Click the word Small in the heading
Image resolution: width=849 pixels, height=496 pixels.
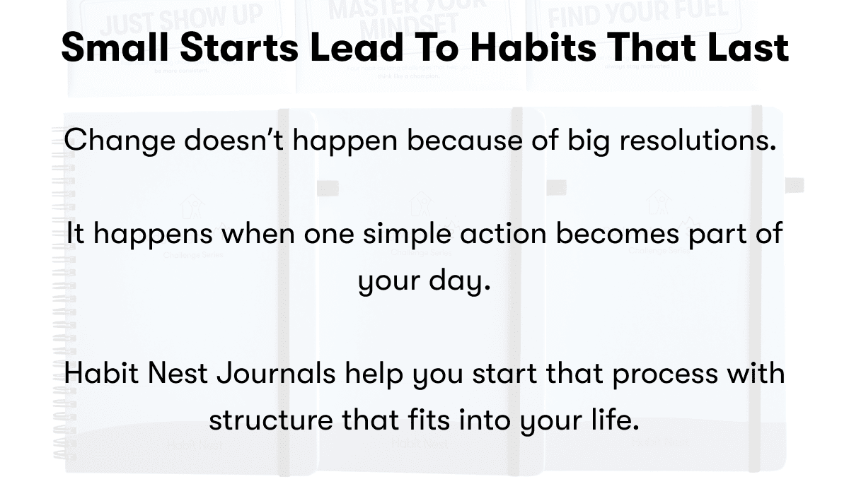(x=112, y=48)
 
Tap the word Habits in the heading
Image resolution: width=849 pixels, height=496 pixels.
(x=532, y=48)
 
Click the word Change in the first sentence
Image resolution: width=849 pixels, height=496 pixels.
(x=120, y=141)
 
